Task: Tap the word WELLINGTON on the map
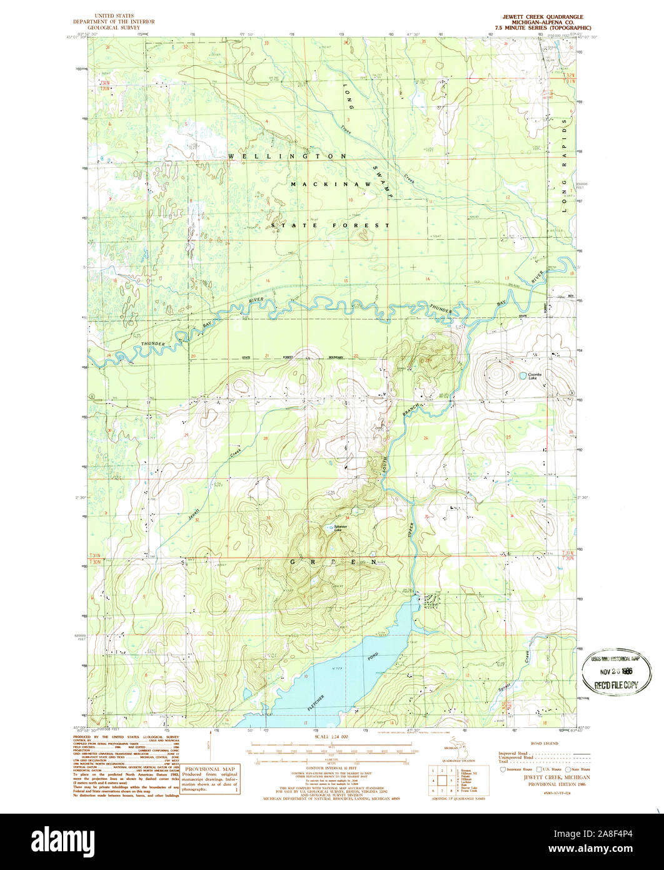coord(287,155)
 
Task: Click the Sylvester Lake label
coord(341,528)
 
